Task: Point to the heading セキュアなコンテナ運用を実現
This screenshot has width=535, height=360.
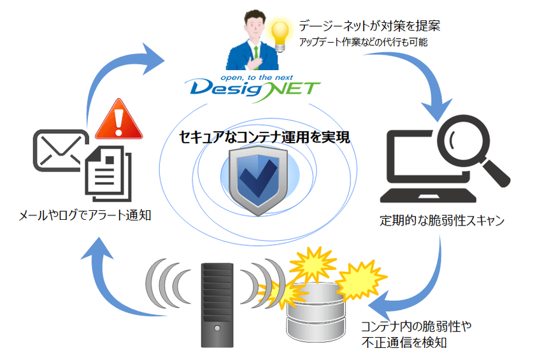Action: click(265, 137)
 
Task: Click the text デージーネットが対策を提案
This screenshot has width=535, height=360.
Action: click(369, 26)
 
